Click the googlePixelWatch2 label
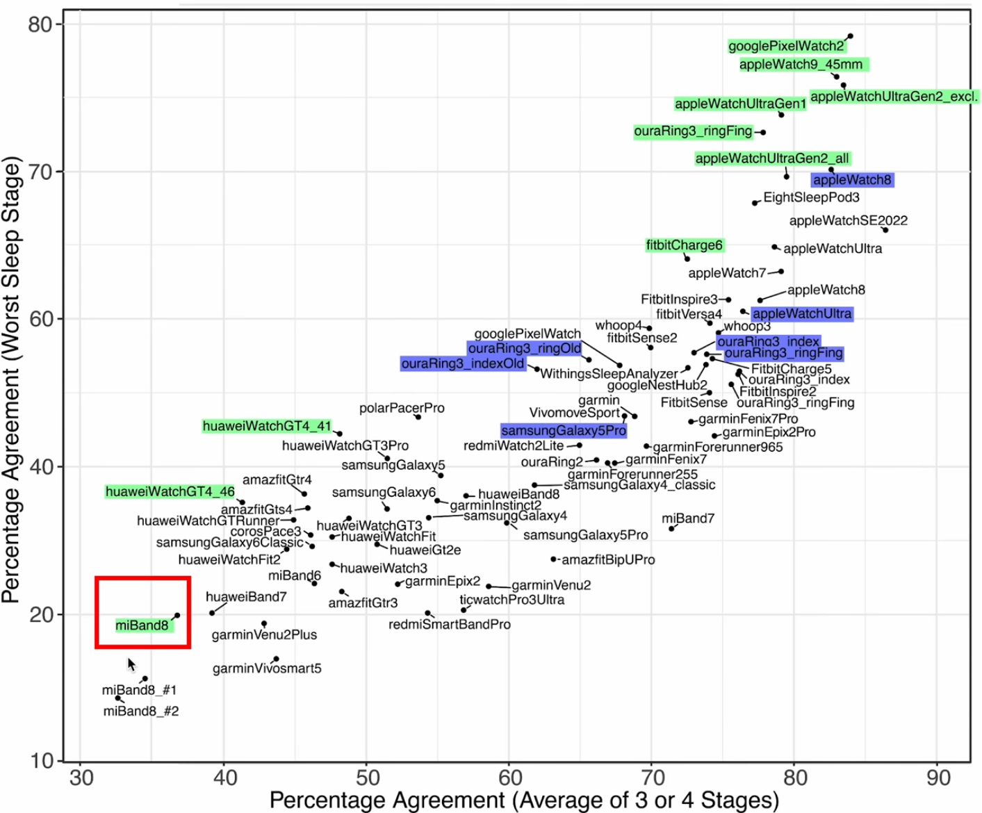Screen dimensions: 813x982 [786, 46]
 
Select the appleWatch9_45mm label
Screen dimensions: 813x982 [801, 65]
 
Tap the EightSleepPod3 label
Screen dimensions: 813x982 [811, 197]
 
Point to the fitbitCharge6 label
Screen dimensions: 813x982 [685, 245]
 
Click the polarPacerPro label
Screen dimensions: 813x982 [402, 408]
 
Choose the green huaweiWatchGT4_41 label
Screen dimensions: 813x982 [267, 426]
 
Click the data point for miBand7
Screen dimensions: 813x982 [671, 529]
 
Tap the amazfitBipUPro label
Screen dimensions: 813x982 [608, 559]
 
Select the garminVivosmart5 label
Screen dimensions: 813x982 [267, 668]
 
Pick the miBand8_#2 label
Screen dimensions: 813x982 [141, 711]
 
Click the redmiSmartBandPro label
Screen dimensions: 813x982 [450, 624]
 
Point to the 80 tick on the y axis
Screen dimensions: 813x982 [40, 24]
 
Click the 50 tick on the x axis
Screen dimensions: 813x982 [367, 777]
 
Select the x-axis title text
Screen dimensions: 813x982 [524, 800]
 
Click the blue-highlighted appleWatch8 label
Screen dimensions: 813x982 [852, 180]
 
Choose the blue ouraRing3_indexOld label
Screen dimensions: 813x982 [463, 363]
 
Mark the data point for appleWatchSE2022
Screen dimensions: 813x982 [885, 230]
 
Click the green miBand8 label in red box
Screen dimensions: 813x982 [142, 625]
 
